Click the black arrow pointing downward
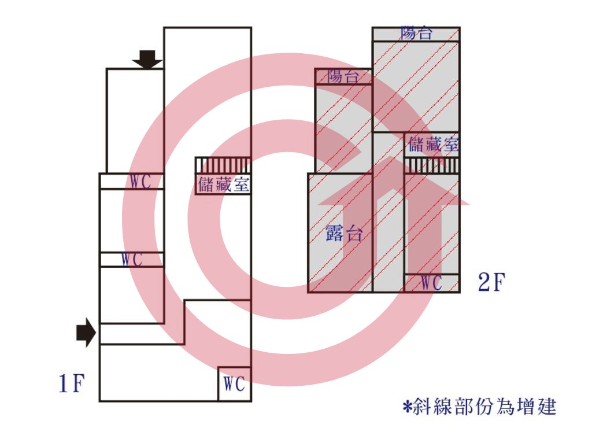147,60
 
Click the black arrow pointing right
86,333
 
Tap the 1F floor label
72,383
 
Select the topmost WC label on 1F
140,182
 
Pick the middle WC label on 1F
132,260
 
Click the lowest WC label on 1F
234,384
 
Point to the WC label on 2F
431,283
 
